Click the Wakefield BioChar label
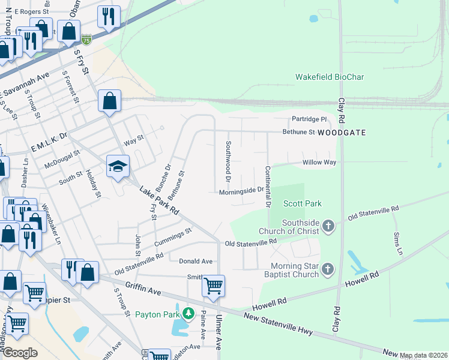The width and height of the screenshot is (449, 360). click(330, 77)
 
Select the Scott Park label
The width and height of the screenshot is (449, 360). click(304, 204)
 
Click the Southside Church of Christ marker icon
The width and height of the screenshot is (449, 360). click(328, 226)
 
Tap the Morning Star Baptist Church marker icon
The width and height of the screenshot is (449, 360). click(328, 269)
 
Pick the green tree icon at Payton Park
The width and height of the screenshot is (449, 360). click(188, 313)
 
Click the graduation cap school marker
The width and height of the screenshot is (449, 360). click(118, 166)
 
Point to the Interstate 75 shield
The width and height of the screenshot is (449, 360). click(87, 40)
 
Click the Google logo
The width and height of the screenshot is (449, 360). click(20, 353)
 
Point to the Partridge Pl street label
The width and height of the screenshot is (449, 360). click(309, 119)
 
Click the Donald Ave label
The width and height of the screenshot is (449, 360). click(196, 262)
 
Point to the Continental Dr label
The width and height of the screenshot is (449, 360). click(268, 187)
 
